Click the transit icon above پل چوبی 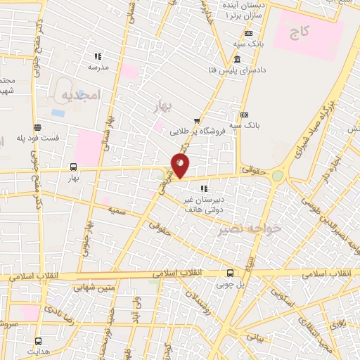[x=230, y=274]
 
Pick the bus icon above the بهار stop [x=74, y=167]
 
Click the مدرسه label [x=98, y=68]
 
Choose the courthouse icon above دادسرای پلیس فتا [x=238, y=59]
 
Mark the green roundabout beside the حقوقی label [x=278, y=175]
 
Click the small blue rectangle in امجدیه [x=58, y=112]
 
